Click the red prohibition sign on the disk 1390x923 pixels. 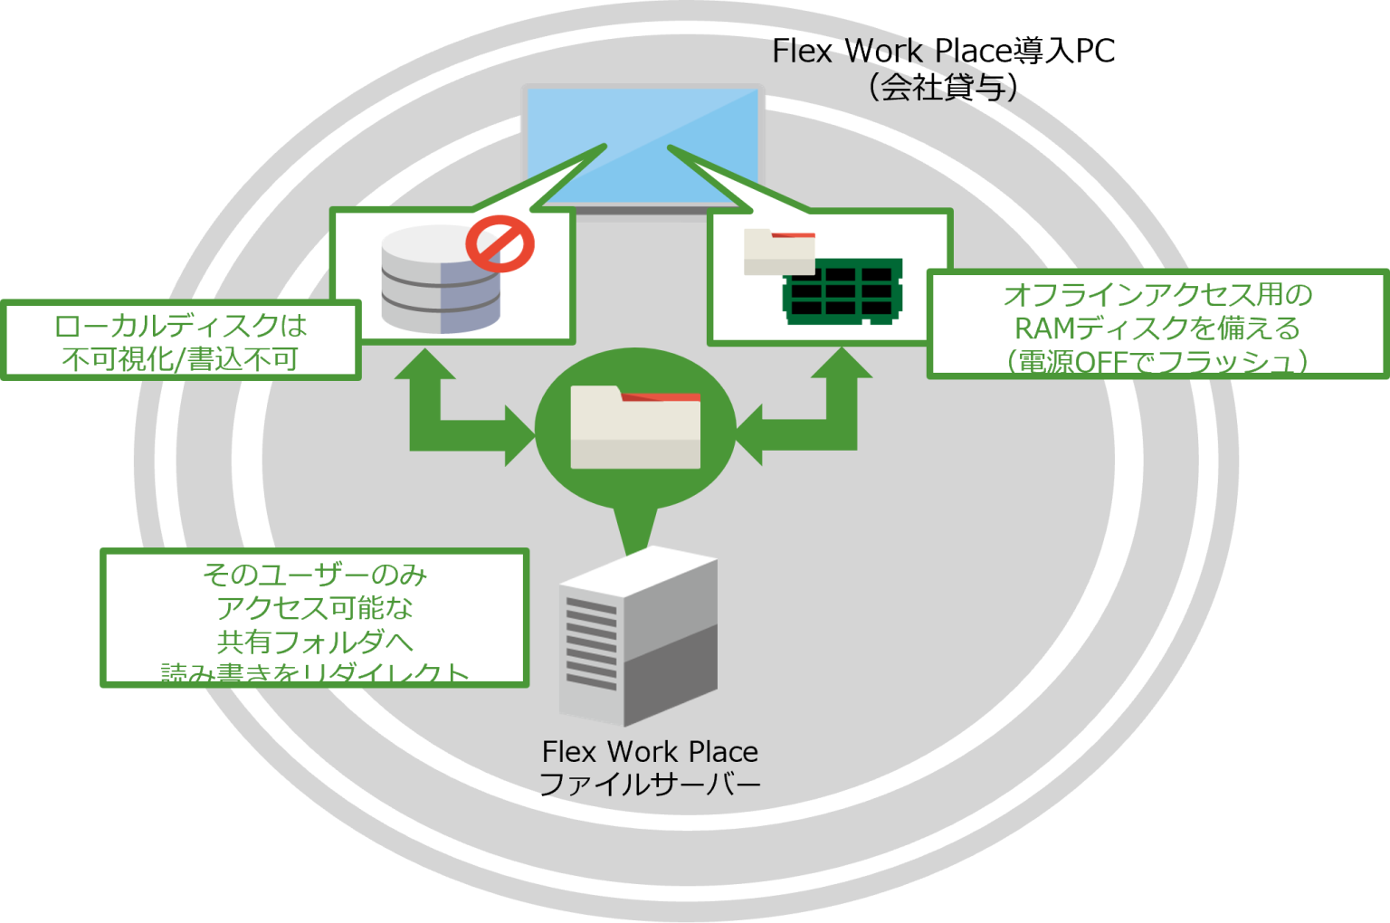tap(500, 242)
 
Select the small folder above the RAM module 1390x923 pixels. tap(778, 251)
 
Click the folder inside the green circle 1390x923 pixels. tap(634, 428)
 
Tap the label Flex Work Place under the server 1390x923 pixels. tap(650, 751)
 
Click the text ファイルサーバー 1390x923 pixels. tap(650, 785)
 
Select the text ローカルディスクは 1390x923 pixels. tap(180, 325)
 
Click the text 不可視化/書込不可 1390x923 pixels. tap(180, 359)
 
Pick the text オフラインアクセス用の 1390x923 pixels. tap(1157, 295)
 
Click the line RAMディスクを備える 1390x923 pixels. tap(1157, 328)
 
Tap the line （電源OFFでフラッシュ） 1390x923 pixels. tap(1157, 361)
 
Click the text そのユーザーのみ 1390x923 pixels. tap(314, 575)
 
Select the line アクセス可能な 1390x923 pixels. tap(314, 608)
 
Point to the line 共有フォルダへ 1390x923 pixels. tap(314, 642)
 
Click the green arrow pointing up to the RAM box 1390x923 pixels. tap(842, 371)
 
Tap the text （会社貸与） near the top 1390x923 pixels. tap(941, 87)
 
